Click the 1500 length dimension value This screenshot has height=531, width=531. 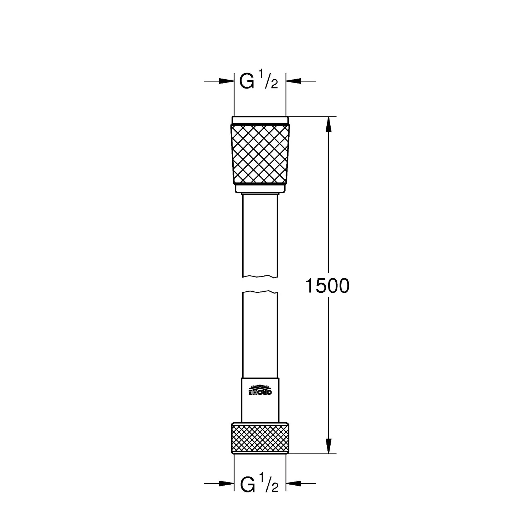(327, 286)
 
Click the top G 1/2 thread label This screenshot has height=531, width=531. (258, 81)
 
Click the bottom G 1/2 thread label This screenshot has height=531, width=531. (259, 484)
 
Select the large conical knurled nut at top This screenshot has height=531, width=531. (260, 154)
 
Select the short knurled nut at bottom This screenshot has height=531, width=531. (260, 438)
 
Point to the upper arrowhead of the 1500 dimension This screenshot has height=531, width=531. (329, 124)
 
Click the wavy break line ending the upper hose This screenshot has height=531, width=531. (260, 276)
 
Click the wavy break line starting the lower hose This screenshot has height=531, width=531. (260, 292)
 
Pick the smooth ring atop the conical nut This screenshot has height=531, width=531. (260, 120)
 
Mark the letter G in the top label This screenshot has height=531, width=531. (247, 81)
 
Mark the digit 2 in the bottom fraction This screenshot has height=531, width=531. (275, 488)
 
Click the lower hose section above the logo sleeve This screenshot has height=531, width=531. (260, 336)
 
